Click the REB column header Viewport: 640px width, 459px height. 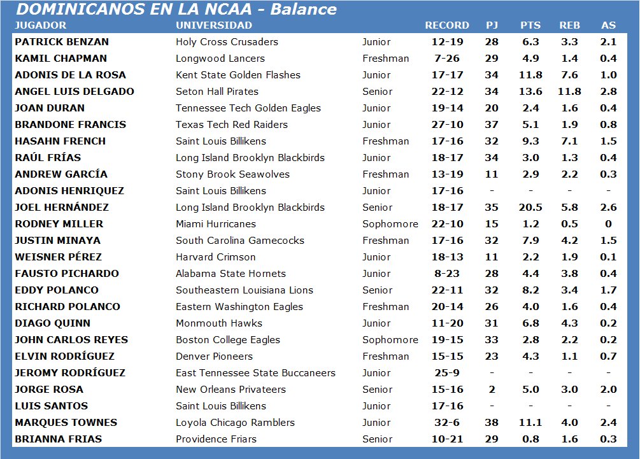pos(569,25)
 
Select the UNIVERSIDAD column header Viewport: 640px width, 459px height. pos(214,25)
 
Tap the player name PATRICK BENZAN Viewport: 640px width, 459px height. pos(62,42)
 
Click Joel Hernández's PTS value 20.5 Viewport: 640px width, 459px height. pos(530,208)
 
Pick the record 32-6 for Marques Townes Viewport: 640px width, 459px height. pos(447,423)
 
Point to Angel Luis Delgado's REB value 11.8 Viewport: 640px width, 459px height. pos(569,92)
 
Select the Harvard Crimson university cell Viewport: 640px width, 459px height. pos(216,257)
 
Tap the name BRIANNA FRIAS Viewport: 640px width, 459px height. pos(58,439)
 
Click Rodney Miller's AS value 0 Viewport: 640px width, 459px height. pos(608,224)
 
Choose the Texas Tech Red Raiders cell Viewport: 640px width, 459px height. pos(232,125)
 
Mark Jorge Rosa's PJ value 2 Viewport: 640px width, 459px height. pos(492,390)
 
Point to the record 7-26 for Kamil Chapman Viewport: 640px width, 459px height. pos(447,59)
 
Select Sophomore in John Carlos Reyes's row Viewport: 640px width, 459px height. pos(390,340)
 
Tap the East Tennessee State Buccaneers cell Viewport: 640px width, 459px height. pos(255,373)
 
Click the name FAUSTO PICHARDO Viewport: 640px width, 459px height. pos(66,274)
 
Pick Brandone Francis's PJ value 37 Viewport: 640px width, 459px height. pos(492,125)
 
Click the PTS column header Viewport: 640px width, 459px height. pos(530,25)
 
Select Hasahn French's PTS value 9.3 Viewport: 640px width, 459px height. pos(530,141)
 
